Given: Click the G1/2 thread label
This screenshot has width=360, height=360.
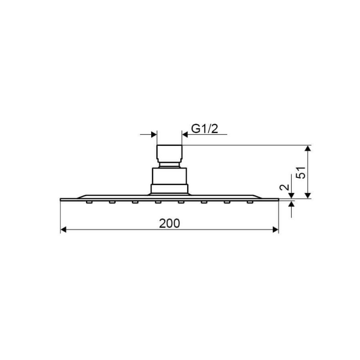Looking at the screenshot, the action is tap(204, 129).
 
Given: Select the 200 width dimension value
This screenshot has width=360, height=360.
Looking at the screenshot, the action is tap(170, 223).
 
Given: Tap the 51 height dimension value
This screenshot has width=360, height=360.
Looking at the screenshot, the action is tap(301, 172).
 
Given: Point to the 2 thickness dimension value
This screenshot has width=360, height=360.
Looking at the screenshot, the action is tap(284, 187).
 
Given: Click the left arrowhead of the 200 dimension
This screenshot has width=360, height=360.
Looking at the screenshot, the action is tap(63, 229).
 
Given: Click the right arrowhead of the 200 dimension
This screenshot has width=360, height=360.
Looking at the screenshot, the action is tap(275, 229).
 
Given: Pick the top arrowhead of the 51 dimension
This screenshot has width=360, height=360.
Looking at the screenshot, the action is tap(308, 148).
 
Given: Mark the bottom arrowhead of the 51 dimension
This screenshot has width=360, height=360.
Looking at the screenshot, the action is tap(308, 195).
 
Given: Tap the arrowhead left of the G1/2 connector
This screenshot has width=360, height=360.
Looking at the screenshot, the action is tap(154, 135).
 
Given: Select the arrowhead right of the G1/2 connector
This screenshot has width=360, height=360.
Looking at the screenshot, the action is tap(185, 135).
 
